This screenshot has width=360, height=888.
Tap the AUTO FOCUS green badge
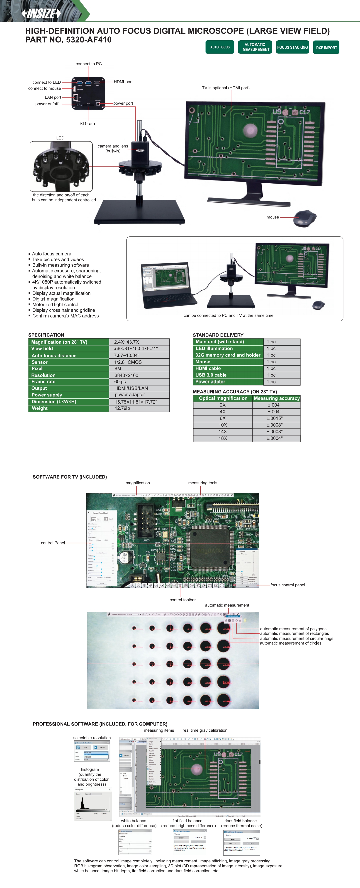pyautogui.click(x=220, y=47)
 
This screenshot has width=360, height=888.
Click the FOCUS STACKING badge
pyautogui.click(x=292, y=47)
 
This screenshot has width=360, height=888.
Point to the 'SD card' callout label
pyautogui.click(x=88, y=124)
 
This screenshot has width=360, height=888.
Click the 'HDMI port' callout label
pyautogui.click(x=123, y=82)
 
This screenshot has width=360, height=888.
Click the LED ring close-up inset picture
pyautogui.click(x=61, y=166)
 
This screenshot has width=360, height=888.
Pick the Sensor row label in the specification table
pyautogui.click(x=40, y=362)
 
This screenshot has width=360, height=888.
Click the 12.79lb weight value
pyautogui.click(x=122, y=408)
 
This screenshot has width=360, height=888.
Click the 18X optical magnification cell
pyautogui.click(x=223, y=438)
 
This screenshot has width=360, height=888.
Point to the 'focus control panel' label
pyautogui.click(x=288, y=585)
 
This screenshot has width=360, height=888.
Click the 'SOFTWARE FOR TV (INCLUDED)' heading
pyautogui.click(x=70, y=477)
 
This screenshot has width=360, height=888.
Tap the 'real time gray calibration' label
pyautogui.click(x=205, y=730)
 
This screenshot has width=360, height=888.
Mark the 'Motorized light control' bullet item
pyautogui.click(x=55, y=304)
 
